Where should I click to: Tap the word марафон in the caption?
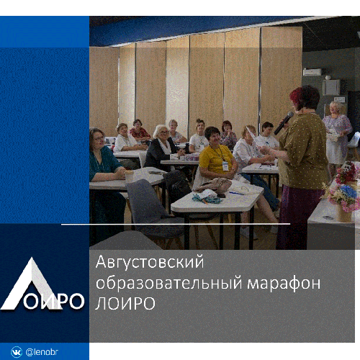point(284,284)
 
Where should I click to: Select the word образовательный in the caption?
point(169,284)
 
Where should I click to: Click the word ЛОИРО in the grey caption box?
point(125,303)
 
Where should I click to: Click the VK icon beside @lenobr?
point(17,352)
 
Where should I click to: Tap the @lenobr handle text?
point(42,352)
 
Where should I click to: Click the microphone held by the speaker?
point(284,123)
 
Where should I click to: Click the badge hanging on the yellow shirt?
point(225,166)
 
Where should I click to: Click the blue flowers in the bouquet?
point(348,192)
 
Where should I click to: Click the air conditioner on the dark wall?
point(312,72)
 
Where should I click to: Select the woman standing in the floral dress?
point(336,137)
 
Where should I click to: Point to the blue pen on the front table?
point(236,193)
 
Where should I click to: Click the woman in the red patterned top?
point(139,130)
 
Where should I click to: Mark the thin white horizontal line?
point(176,224)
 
